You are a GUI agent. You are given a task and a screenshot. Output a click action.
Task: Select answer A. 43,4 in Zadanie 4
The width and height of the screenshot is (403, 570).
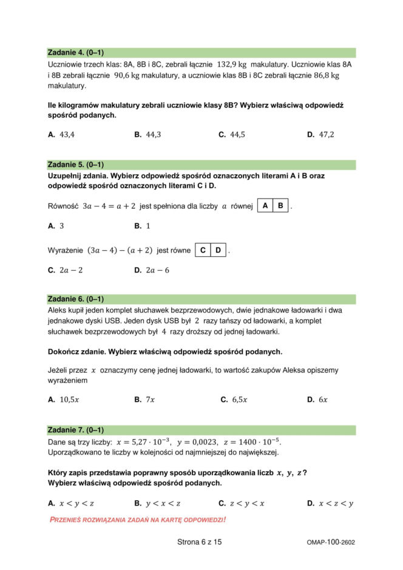(61, 135)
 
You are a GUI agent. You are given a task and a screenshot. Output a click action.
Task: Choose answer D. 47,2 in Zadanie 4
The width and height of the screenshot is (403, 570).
(320, 135)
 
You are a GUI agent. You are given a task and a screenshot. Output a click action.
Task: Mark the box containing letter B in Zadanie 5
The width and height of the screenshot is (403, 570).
(280, 206)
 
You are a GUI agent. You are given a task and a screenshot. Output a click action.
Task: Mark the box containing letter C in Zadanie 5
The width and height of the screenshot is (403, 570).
(203, 249)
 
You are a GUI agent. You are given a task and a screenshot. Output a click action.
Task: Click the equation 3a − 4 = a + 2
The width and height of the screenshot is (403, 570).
(109, 206)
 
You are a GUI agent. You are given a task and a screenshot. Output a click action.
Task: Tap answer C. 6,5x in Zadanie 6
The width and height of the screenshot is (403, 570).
(234, 399)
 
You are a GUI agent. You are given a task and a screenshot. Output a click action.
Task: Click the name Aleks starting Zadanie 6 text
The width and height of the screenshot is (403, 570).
(58, 310)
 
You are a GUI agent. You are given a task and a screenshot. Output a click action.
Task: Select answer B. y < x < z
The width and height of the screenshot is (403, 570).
(157, 503)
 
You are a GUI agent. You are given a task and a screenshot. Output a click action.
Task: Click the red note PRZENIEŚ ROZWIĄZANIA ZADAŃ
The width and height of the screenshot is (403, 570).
(138, 520)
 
